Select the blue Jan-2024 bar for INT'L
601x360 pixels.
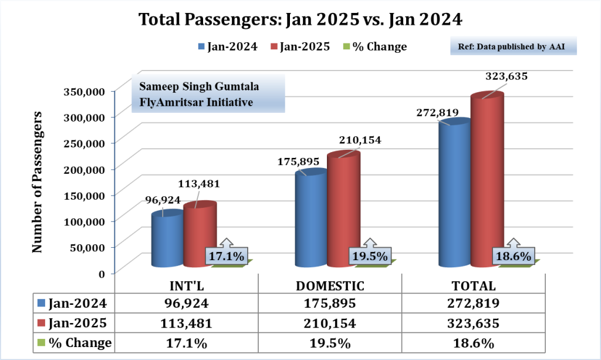tap(167, 241)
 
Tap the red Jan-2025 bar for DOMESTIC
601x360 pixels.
tap(343, 211)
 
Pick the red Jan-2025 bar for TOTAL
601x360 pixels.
tap(487, 182)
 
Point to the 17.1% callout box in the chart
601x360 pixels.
tap(227, 257)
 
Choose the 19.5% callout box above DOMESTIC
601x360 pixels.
tap(370, 257)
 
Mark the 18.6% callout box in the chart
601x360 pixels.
tap(514, 257)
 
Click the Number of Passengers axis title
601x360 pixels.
tap(38, 182)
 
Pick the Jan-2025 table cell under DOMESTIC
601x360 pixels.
tap(330, 324)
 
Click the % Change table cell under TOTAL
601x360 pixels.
tap(474, 342)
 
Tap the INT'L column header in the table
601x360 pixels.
tap(186, 286)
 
